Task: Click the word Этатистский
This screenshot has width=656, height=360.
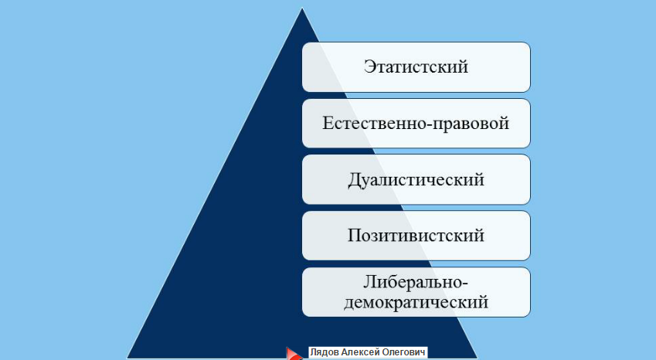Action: coord(416,67)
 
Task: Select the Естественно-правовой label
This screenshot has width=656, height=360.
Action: coord(416,124)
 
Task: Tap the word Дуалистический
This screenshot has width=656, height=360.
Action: coord(416,180)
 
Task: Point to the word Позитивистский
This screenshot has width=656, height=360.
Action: coord(416,236)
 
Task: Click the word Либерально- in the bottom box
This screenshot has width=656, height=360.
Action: coord(416,282)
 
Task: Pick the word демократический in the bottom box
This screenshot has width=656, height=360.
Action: coord(416,302)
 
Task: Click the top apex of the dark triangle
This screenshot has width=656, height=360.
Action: coord(302,8)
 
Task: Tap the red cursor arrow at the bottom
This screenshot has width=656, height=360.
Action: coord(294,354)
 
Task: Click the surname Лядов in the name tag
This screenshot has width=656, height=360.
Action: coord(325,352)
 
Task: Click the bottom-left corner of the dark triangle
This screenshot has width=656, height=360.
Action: coord(127,358)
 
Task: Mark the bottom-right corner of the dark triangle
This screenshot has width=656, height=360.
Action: coord(478,358)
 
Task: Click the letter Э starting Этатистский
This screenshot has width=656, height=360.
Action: coord(369,67)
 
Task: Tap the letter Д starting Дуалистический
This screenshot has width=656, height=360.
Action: coord(354,181)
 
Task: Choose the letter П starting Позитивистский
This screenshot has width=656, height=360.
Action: coord(354,236)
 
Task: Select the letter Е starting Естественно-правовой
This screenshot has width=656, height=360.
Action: coord(328,124)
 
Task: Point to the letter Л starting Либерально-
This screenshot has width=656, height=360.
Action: coord(369,282)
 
